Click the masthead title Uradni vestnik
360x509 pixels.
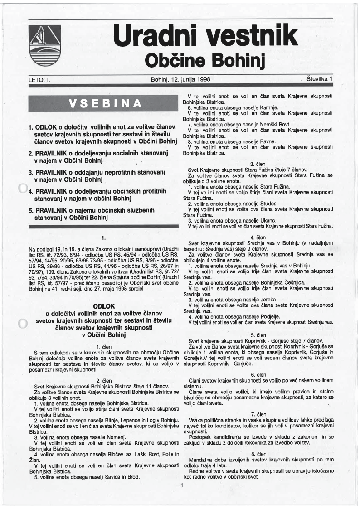tap(205, 36)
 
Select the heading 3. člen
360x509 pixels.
tap(258, 164)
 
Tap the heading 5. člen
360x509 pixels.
tap(258, 334)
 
